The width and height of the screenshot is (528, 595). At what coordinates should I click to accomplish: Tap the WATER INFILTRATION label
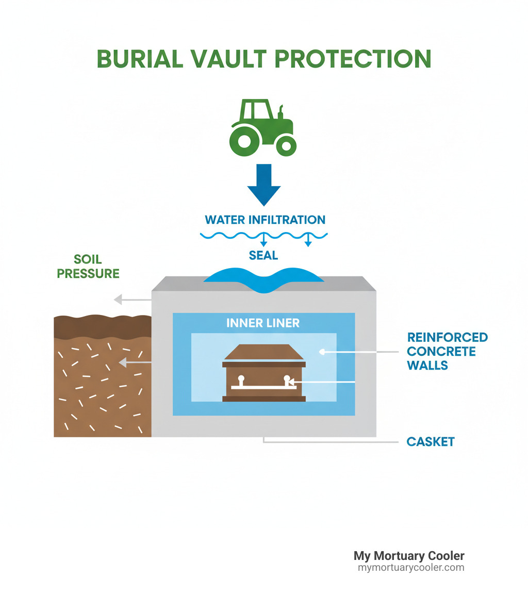pos(265,220)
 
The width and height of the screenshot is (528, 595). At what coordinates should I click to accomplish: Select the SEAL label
pos(263,255)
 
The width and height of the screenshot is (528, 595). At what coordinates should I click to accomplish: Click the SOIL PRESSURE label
pos(88,267)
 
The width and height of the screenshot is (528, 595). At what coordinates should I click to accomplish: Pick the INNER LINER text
pos(263,323)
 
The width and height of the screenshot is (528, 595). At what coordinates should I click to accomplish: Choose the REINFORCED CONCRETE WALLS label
pos(447,351)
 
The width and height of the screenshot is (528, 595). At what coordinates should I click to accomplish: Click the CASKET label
pos(431,442)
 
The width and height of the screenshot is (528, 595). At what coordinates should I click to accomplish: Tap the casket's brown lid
pos(263,353)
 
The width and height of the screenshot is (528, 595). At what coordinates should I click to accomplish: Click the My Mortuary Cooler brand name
pos(409,556)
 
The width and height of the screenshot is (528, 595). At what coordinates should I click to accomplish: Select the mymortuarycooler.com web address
pos(411,568)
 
